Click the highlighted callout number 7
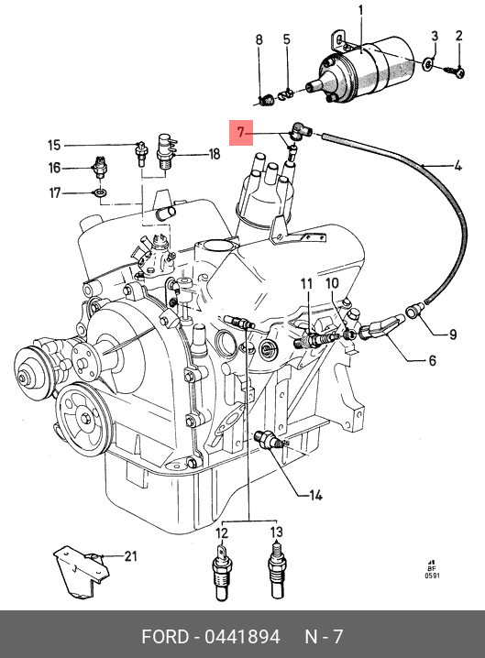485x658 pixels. [240, 133]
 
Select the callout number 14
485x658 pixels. [315, 496]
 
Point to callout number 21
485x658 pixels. [130, 556]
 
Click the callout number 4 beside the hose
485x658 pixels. [457, 166]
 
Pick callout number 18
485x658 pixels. [215, 154]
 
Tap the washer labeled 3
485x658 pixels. [428, 64]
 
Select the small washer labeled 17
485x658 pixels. [100, 193]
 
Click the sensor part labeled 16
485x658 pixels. [100, 167]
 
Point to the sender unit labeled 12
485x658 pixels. [221, 572]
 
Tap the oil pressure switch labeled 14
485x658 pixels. [271, 440]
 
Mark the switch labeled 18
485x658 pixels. [165, 151]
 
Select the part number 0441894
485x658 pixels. [242, 637]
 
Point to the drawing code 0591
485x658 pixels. [433, 576]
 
